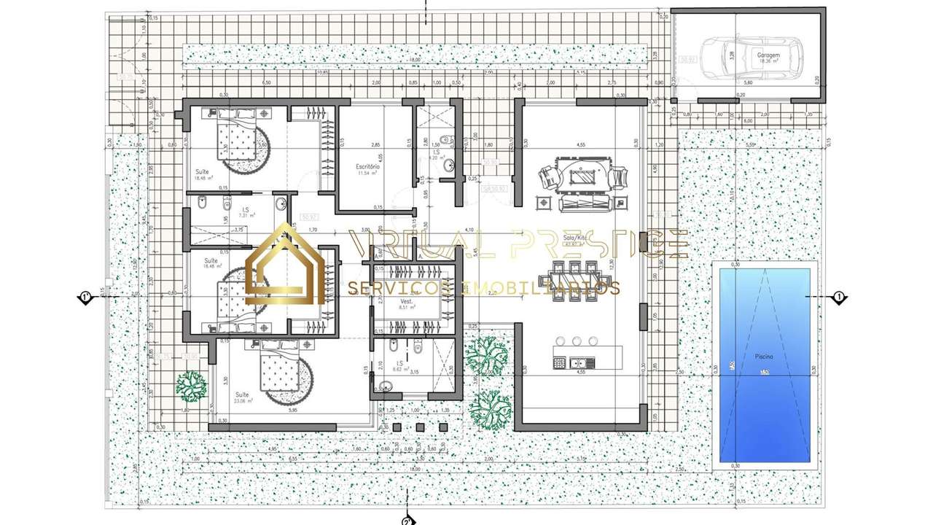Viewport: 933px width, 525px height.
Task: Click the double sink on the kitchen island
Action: (x=580, y=362)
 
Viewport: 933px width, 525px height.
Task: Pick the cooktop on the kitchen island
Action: (x=560, y=362)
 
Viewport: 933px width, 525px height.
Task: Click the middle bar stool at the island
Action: (x=577, y=341)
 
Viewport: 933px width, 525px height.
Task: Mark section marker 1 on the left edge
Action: (x=85, y=297)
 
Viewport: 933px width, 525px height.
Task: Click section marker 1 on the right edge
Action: (x=838, y=297)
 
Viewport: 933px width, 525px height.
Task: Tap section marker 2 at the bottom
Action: (x=407, y=520)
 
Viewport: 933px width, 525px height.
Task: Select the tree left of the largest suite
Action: (x=192, y=386)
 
